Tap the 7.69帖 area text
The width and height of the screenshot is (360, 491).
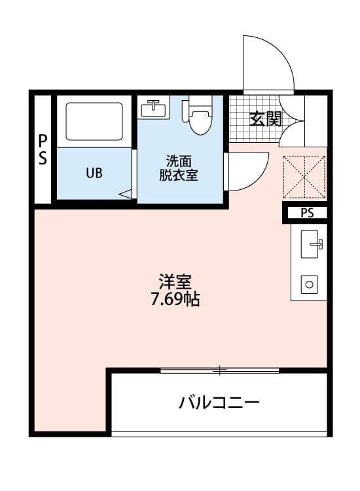175,300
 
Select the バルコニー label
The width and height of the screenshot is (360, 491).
219,401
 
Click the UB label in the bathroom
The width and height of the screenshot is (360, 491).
94,173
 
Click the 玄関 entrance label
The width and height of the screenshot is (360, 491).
265,119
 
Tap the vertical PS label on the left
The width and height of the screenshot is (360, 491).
43,150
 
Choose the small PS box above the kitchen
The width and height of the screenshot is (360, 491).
307,213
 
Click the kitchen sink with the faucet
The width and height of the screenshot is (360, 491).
309,245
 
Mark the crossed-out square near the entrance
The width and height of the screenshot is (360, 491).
304,175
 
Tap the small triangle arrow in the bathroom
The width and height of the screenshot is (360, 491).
126,194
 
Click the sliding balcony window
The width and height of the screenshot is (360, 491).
219,371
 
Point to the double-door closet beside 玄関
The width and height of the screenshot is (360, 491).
293,121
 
